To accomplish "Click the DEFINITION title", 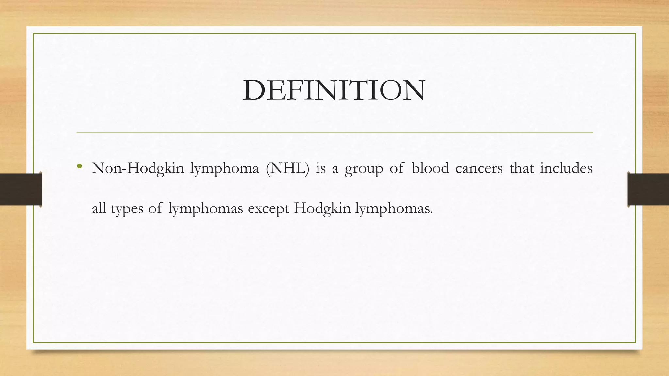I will coord(334,90).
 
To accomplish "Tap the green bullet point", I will coord(79,167).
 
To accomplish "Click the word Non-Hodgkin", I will coord(138,168).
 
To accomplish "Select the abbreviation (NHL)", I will coord(287,168).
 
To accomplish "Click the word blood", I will coord(430,168).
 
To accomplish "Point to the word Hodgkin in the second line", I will coord(322,208).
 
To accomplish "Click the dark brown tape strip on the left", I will coord(21,189).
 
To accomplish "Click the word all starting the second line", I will coord(99,208).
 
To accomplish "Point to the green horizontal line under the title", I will coord(334,133).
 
